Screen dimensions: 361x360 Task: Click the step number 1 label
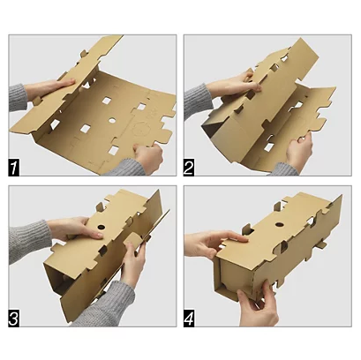13,168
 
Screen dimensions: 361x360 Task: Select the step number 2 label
189,168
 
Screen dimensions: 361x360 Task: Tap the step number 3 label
13,318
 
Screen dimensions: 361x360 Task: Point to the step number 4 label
189,318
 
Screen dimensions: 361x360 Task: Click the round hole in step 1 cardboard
112,120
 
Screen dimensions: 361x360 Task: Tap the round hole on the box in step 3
101,227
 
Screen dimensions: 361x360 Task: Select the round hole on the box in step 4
279,225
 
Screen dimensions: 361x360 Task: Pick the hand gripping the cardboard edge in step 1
147,157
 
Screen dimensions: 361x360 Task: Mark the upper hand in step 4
214,243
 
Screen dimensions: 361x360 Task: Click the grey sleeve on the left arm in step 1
17,97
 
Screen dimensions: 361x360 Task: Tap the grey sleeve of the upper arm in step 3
28,240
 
